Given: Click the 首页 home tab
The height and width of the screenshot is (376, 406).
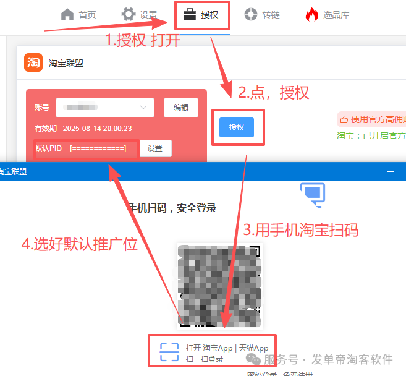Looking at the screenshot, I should [x=78, y=15].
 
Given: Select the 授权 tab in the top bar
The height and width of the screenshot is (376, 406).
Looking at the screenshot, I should [x=202, y=15].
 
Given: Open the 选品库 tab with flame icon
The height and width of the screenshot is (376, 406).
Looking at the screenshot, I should [x=328, y=15].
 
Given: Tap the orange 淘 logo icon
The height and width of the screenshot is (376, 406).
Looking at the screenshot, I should [x=33, y=63].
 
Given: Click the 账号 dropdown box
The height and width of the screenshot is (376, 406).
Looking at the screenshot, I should [x=104, y=107].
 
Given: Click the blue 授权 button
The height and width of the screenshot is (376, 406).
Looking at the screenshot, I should [x=237, y=127].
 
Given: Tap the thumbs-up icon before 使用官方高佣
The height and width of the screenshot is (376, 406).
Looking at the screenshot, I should [x=344, y=119].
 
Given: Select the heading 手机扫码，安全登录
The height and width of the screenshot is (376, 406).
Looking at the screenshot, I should [x=172, y=208].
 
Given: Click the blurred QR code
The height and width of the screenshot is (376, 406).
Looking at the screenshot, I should [x=219, y=286].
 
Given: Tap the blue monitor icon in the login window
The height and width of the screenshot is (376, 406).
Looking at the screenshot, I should [x=312, y=193].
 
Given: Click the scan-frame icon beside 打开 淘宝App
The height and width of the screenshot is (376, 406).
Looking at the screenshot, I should [x=169, y=352].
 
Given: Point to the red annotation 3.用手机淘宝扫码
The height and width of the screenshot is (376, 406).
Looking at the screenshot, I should [x=300, y=230].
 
